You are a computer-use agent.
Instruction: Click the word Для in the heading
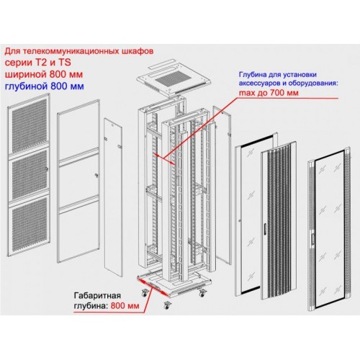[x=12, y=51]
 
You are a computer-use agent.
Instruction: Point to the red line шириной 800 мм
[x=44, y=74]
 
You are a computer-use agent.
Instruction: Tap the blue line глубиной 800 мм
[x=45, y=86]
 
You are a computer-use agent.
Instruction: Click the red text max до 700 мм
[x=269, y=92]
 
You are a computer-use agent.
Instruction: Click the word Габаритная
[x=97, y=295]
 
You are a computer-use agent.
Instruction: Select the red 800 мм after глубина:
[x=125, y=306]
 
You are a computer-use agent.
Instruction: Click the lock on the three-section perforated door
[x=47, y=169]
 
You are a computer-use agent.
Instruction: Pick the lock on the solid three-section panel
[x=96, y=176]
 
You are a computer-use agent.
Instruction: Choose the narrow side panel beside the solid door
[x=113, y=197]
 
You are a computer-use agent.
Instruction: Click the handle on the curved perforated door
[x=264, y=228]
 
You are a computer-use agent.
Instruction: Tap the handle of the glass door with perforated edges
[x=312, y=239]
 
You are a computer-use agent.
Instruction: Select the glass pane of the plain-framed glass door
[x=257, y=215]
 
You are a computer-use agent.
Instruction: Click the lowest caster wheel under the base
[x=166, y=305]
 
